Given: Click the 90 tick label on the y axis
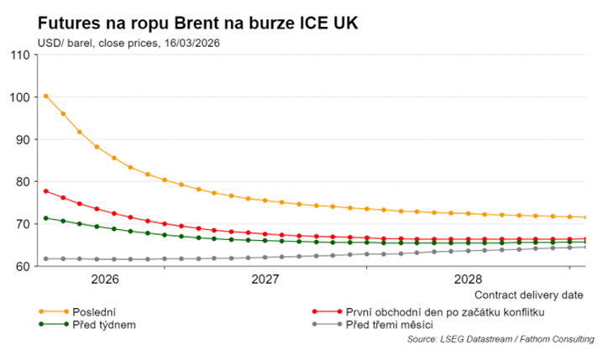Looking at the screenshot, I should point(23,139).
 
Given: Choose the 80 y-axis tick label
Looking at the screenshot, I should point(23,181).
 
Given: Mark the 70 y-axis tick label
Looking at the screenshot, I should point(23,224).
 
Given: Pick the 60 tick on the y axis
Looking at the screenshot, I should point(23,266).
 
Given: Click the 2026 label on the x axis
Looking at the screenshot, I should point(103,279).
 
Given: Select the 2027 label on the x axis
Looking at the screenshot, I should point(265,279).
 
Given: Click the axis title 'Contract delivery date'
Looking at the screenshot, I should point(528,295).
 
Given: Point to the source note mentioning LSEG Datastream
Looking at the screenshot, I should point(501,339).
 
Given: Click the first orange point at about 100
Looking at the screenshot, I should point(46,97).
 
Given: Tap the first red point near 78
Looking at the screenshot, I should point(46,191).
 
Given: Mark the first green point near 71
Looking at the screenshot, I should point(46,218).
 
